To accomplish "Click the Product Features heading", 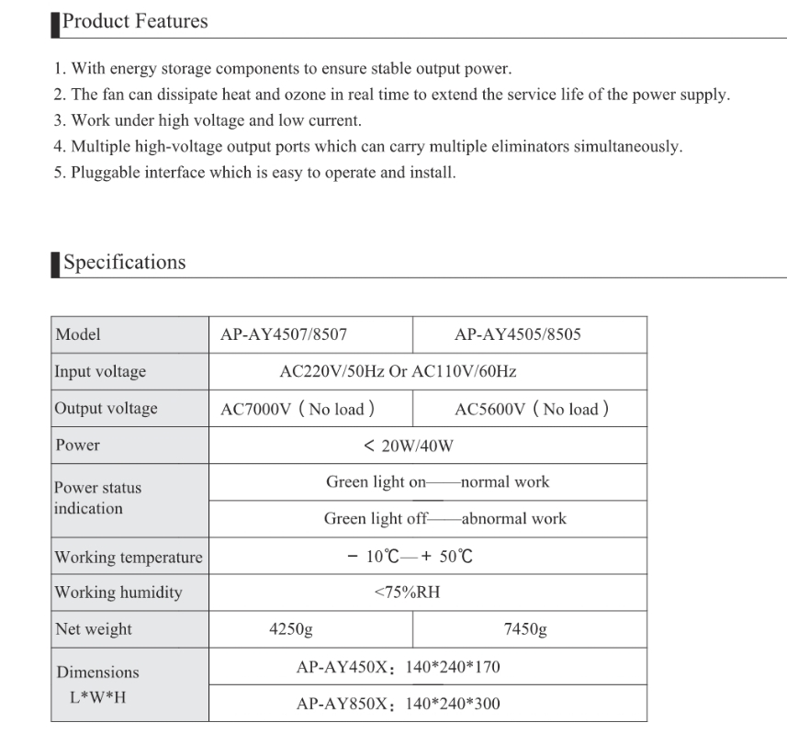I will (x=134, y=21).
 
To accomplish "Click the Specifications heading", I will (x=124, y=263).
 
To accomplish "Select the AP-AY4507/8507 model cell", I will (x=284, y=334).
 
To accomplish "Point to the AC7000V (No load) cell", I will (x=298, y=409).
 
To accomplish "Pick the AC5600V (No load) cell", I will (x=532, y=409).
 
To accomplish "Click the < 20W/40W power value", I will (x=409, y=446).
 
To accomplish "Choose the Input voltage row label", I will (x=100, y=372).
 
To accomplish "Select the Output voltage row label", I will (x=106, y=409).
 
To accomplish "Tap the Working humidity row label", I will (x=118, y=593).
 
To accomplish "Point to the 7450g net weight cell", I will (x=525, y=629).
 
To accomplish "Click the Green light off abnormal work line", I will (x=444, y=519).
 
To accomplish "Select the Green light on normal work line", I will (x=437, y=482).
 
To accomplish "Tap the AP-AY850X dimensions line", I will (x=398, y=705).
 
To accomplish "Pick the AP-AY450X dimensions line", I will (x=398, y=668).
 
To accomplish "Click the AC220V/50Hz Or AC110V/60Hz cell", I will (x=398, y=372).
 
